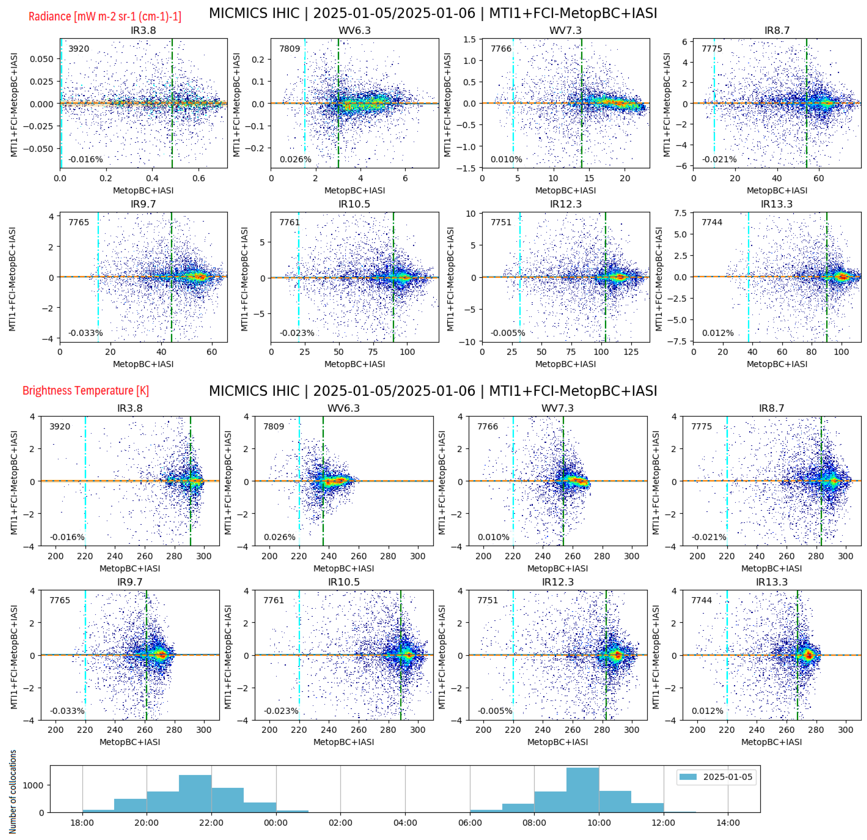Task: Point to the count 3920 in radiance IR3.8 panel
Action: pos(79,49)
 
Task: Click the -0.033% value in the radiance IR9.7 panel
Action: pos(85,333)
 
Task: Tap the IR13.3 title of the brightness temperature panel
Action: pos(771,582)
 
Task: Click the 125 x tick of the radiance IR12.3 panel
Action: pos(631,352)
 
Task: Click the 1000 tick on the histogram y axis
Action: pos(34,785)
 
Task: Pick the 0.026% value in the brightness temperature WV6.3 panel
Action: pos(280,537)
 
